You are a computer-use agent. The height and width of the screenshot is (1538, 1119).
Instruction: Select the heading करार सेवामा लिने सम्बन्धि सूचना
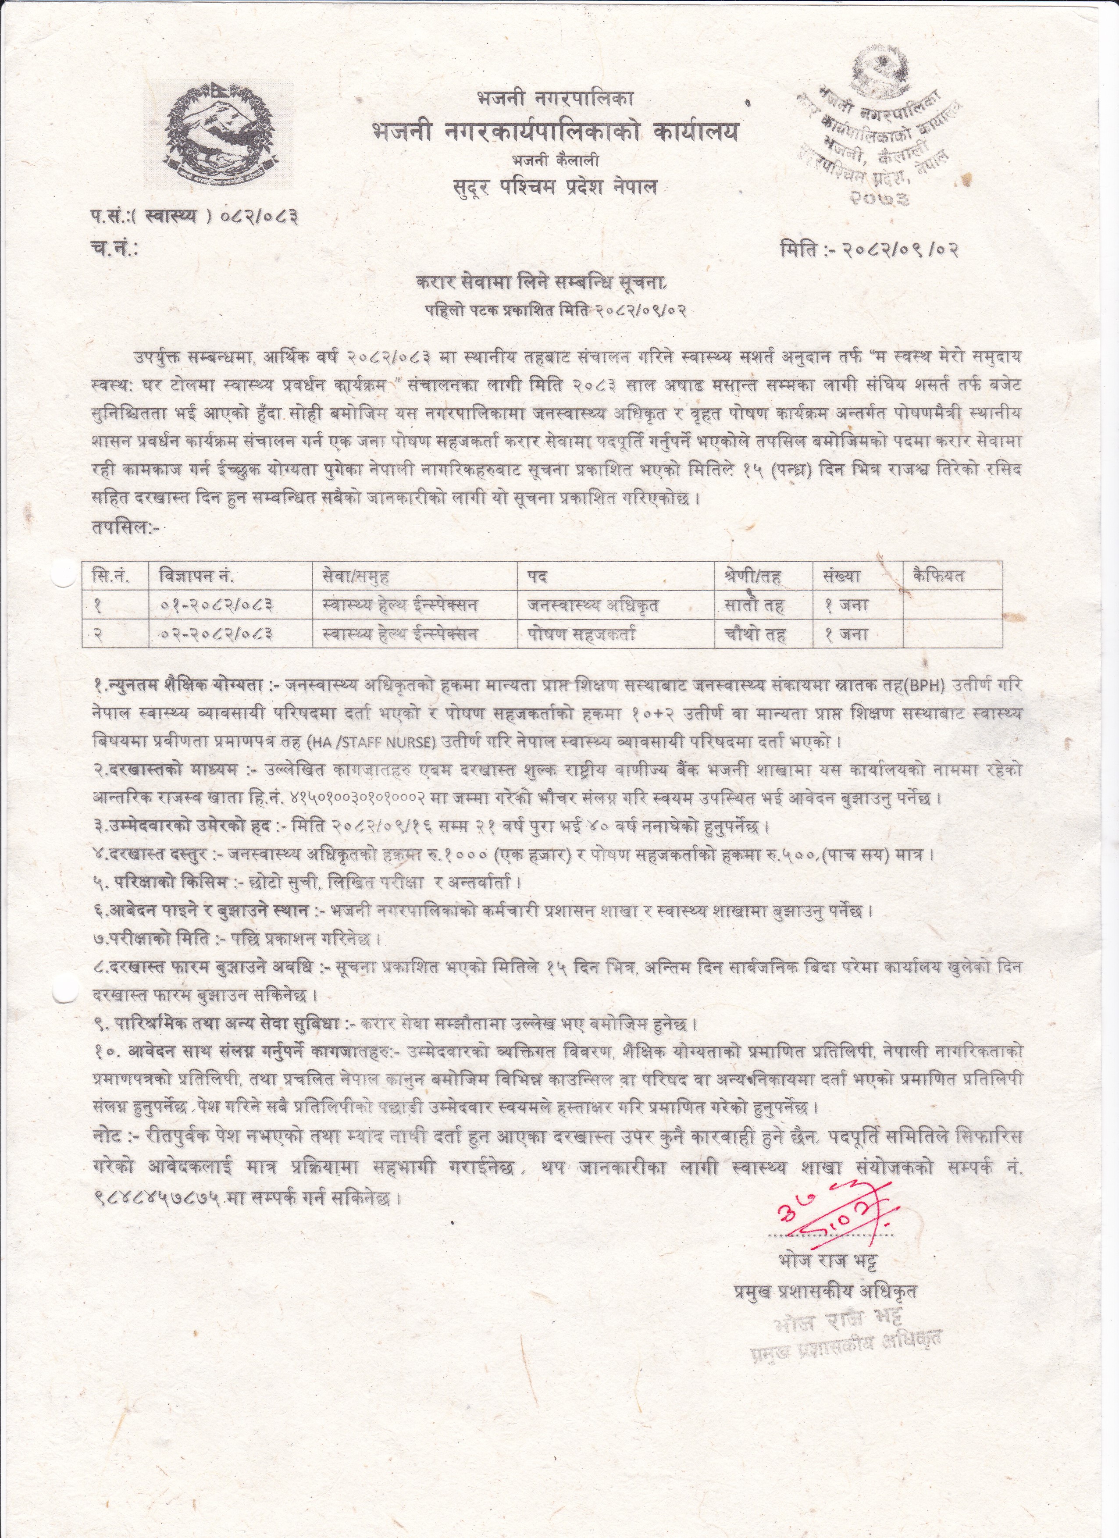[542, 283]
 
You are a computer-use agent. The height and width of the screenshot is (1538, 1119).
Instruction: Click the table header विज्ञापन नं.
[197, 577]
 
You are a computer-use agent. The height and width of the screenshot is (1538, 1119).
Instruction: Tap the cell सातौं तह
[755, 605]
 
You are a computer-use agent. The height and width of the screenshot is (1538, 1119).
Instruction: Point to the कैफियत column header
[939, 577]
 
